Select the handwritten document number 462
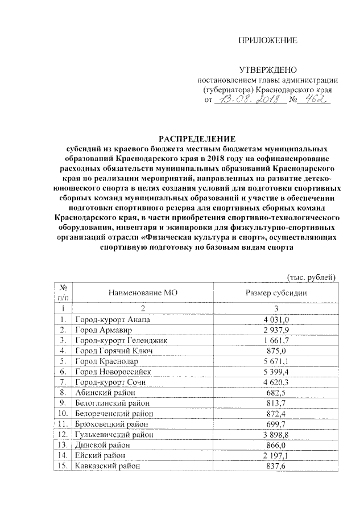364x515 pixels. (x=314, y=100)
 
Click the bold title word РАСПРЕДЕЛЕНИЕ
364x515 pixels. (x=196, y=138)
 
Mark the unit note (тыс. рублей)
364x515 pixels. (x=311, y=277)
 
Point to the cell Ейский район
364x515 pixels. (x=100, y=455)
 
